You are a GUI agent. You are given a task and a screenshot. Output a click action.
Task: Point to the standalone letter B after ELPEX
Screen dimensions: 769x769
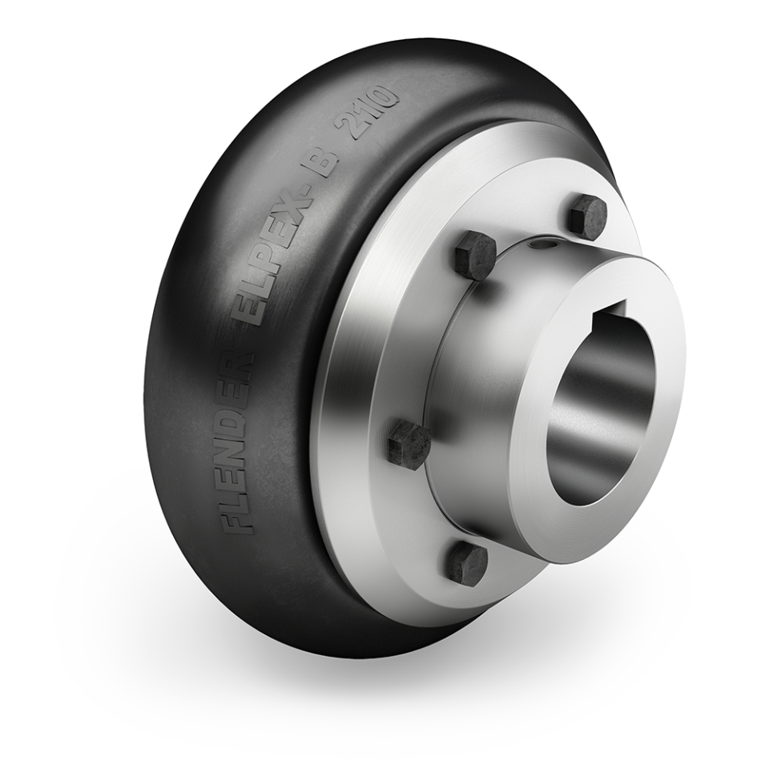point(328,166)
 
